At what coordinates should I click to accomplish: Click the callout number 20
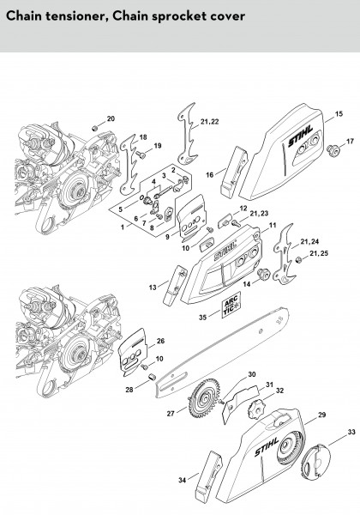111,118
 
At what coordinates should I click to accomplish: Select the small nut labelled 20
95,128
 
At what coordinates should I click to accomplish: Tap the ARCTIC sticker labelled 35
231,305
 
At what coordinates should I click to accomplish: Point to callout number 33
351,432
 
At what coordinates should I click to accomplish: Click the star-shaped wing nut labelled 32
255,409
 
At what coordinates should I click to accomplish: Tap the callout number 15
339,113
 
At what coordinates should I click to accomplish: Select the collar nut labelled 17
333,149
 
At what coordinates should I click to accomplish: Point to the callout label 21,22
209,122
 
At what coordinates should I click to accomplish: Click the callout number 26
160,341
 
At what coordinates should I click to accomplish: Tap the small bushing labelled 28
152,377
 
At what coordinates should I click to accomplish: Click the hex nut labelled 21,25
298,260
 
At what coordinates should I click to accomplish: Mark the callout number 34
183,480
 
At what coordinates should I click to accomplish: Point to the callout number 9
167,237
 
